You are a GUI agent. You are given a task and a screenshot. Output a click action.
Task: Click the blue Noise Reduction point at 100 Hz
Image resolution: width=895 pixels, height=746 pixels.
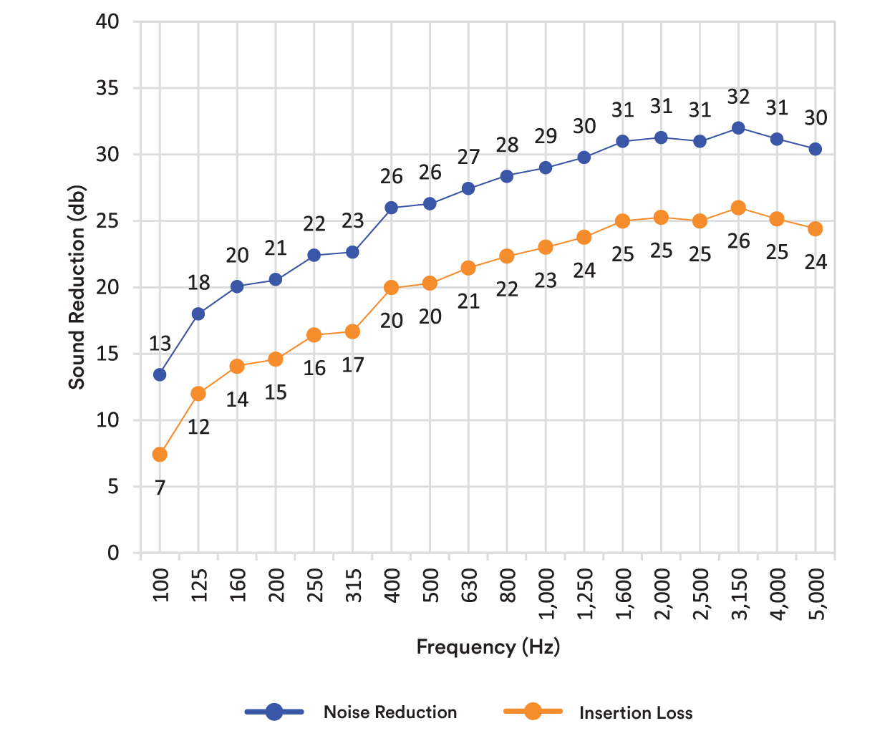click(160, 374)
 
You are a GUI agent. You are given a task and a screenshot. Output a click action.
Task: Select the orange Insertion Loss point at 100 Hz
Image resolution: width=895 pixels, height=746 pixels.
click(160, 455)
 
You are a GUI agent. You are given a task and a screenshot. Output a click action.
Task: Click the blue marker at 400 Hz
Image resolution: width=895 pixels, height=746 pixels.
click(391, 208)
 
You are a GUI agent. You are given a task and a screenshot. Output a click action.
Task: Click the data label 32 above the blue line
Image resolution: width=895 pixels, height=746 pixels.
click(738, 97)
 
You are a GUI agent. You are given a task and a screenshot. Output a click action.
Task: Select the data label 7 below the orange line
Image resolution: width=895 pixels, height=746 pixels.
click(160, 488)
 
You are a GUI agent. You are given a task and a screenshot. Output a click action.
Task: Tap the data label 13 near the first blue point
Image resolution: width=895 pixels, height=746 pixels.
click(160, 344)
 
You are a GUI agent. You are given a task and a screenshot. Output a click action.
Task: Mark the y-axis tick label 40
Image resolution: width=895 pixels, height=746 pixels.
click(107, 21)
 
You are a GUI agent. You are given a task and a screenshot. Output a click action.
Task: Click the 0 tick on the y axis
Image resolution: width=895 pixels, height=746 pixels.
click(113, 553)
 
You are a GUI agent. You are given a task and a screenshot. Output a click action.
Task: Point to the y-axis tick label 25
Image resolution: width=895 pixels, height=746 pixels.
click(107, 221)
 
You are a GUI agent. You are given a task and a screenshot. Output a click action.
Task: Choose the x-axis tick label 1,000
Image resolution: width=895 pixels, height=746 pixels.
click(546, 594)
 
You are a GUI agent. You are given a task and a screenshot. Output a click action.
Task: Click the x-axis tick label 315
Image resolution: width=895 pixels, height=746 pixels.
click(353, 585)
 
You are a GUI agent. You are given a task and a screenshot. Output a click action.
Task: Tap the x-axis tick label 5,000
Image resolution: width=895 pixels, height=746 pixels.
click(816, 594)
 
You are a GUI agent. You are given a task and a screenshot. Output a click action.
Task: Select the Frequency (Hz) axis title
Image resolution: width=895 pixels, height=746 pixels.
click(488, 646)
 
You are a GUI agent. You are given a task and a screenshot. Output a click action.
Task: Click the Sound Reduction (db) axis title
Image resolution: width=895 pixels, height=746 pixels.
click(77, 287)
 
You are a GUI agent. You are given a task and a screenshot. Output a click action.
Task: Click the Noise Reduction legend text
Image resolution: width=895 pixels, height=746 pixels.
click(390, 712)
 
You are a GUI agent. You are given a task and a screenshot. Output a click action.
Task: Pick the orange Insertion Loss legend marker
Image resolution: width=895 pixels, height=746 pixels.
click(533, 711)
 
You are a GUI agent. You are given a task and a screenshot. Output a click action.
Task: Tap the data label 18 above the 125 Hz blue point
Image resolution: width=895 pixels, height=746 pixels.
click(198, 283)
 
